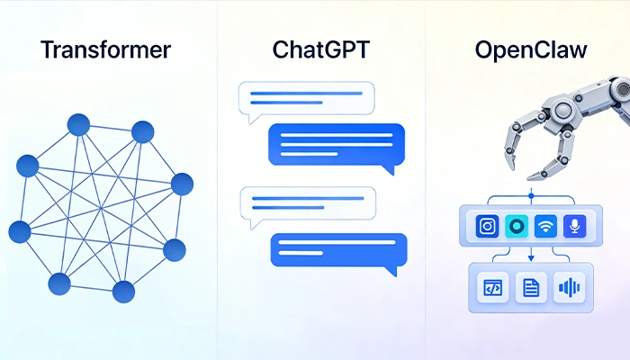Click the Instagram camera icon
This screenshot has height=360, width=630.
487,227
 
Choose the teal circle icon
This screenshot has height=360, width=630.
517,227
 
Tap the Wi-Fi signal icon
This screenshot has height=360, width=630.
545,227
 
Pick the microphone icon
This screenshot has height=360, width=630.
574,227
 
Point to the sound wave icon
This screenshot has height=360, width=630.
569,287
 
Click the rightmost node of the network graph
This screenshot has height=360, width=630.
182,184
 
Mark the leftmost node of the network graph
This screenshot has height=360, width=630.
20,232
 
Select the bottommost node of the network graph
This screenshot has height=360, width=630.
123,292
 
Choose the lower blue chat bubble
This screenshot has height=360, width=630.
338,249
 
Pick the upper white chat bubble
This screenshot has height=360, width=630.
306,101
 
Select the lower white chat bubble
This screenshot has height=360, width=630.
306,206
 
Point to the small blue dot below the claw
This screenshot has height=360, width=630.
531,194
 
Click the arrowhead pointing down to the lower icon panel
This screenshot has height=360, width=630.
531,258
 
